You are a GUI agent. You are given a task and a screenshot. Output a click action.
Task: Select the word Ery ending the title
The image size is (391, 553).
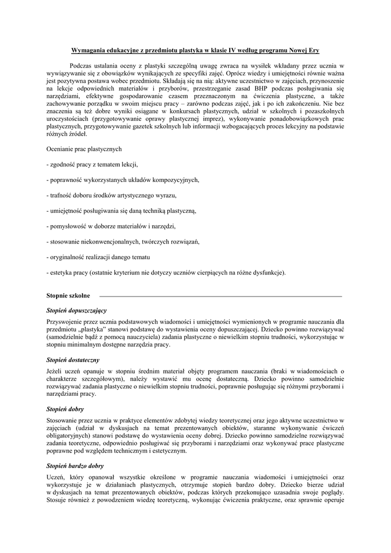(313, 50)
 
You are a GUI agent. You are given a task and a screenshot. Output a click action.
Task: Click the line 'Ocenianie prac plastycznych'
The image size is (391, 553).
(84, 149)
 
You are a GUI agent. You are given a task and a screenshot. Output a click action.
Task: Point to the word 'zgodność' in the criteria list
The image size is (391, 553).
(61, 164)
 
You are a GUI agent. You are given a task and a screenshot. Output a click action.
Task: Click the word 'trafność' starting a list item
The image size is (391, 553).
(60, 195)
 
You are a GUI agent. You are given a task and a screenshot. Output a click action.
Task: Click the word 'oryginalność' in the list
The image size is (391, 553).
(66, 257)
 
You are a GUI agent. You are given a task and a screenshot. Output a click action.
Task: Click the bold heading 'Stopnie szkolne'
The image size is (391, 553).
(69, 296)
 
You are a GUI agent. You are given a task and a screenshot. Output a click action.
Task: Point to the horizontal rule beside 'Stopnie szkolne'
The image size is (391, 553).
(221, 296)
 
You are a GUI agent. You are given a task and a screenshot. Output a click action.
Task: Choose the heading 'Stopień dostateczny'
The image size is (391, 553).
(73, 360)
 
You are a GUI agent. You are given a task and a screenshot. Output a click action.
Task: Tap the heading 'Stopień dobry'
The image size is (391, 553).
(65, 409)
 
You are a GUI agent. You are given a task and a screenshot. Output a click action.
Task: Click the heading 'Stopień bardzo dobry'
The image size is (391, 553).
(76, 466)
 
